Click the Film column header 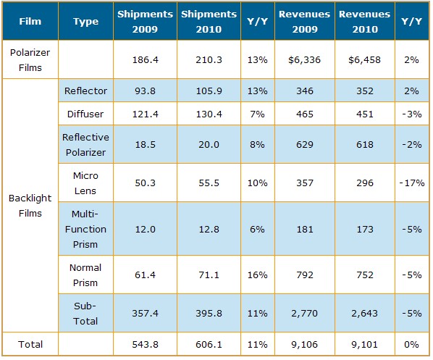[x=30, y=21]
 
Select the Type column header [x=85, y=22]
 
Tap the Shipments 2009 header [x=145, y=22]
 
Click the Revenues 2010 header [x=364, y=22]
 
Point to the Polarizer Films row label [x=30, y=60]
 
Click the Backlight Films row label [x=30, y=206]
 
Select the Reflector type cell [x=85, y=91]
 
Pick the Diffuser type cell [x=85, y=114]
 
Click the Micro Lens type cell [x=85, y=183]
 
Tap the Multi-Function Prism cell [x=85, y=229]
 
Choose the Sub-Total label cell [x=85, y=314]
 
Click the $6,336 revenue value [x=304, y=60]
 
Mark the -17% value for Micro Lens [x=412, y=183]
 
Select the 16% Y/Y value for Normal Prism [x=257, y=275]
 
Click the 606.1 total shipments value [x=209, y=345]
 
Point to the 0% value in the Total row [x=411, y=345]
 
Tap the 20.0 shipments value [x=209, y=144]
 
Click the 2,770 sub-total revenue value [x=304, y=314]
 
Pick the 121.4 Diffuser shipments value [x=146, y=114]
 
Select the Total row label [x=30, y=345]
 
